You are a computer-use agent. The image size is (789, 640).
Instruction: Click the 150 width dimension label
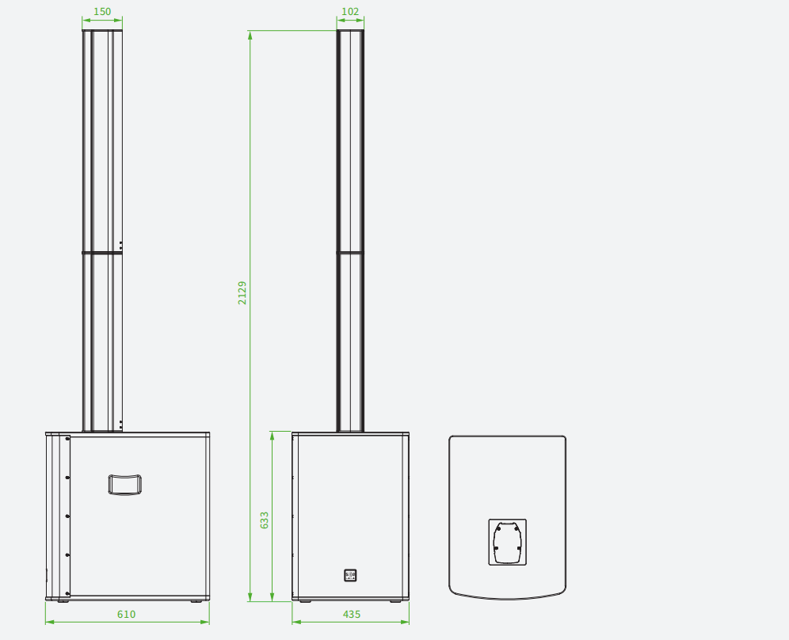point(102,11)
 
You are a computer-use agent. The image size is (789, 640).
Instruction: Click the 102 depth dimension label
point(350,11)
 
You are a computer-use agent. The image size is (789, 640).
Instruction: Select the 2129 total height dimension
point(242,293)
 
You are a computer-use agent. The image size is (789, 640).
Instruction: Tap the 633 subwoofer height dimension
point(264,520)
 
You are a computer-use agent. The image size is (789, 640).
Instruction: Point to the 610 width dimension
point(126,614)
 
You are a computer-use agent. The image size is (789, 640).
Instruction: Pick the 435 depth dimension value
point(352,614)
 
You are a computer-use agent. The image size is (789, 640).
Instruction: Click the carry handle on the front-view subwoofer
point(125,485)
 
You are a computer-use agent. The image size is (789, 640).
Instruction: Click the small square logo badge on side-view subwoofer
point(350,575)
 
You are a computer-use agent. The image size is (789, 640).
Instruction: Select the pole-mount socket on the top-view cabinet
point(508,542)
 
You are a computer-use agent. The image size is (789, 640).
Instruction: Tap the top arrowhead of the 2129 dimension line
point(250,35)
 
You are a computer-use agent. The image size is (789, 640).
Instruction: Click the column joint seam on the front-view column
point(102,253)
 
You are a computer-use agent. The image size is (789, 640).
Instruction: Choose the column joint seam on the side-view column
point(350,252)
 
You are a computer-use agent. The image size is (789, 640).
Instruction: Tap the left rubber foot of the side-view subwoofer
point(305,600)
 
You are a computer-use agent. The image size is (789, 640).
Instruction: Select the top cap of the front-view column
point(102,31)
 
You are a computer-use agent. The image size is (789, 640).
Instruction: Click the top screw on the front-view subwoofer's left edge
point(67,439)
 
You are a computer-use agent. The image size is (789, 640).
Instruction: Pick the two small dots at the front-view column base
point(120,424)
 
